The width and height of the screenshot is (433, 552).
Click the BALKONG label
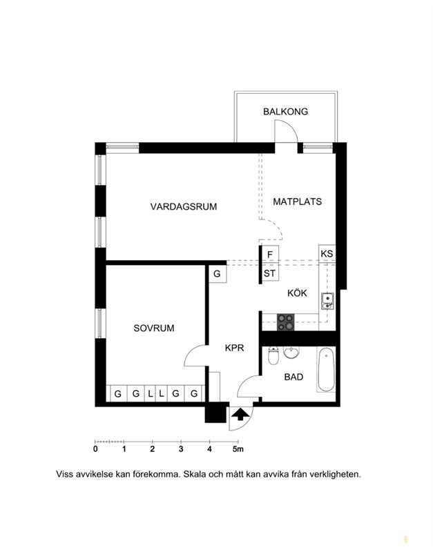(285, 112)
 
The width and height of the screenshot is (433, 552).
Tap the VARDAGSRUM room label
(184, 206)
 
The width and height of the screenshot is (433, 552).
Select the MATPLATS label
(298, 201)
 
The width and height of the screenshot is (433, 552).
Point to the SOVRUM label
(154, 328)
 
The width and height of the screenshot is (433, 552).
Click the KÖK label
(297, 293)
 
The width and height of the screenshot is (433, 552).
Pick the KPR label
(235, 348)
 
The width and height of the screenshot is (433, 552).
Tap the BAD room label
(294, 377)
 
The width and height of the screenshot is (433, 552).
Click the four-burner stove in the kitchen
(285, 322)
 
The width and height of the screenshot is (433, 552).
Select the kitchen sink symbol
(327, 302)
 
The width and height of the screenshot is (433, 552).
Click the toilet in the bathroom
(273, 355)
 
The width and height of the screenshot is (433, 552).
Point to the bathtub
(326, 370)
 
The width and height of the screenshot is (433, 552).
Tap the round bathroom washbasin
(291, 353)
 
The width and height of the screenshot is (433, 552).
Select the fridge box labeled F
(270, 254)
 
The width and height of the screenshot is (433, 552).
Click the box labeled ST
(270, 273)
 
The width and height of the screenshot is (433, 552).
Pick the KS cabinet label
(327, 253)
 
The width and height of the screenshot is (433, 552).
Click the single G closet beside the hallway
(217, 273)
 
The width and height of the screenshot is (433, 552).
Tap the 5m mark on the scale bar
(238, 449)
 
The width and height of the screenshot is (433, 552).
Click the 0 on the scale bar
(95, 449)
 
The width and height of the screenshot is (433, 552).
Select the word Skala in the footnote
(195, 474)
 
